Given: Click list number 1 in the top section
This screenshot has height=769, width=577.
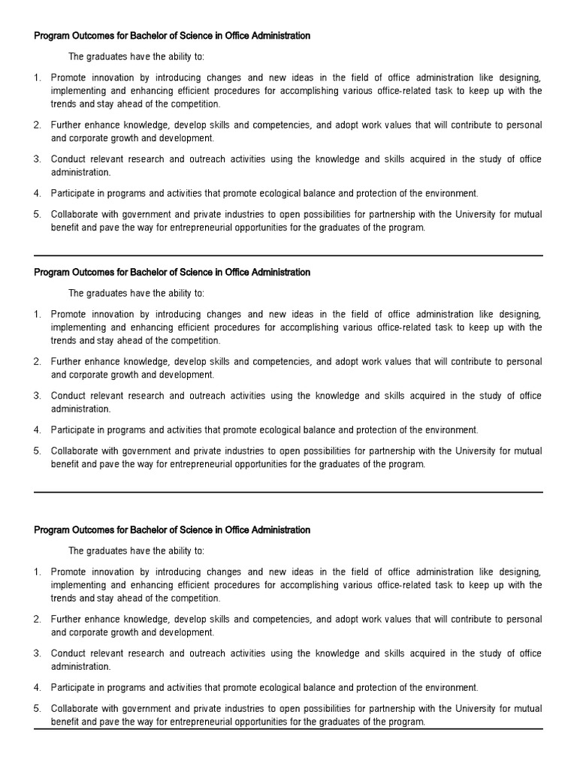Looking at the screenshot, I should (37, 78).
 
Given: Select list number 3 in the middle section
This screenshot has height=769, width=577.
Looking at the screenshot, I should (37, 396).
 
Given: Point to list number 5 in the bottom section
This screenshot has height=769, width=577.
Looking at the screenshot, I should (37, 709).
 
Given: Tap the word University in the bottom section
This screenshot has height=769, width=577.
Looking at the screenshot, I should (469, 709).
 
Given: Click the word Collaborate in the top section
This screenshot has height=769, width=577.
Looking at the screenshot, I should (74, 215).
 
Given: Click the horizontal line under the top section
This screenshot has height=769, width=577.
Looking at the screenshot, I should (288, 256).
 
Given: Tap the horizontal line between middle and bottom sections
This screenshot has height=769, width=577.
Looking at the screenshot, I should (288, 493).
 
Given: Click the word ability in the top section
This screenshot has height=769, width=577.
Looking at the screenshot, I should (172, 57).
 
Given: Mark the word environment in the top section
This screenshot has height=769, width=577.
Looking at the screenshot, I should (450, 194).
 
